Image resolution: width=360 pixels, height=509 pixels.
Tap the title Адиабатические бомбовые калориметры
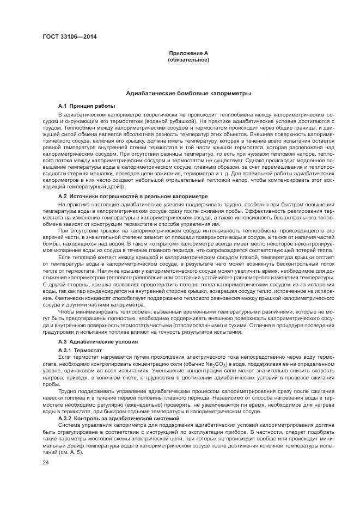point(188,94)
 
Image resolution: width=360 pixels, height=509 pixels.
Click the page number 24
point(46,462)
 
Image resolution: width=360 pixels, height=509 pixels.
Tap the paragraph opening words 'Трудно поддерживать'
point(82,391)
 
